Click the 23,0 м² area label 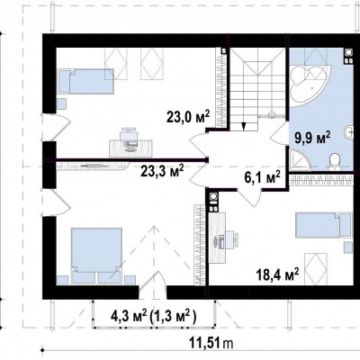click(x=188, y=117)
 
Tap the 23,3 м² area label click(x=162, y=172)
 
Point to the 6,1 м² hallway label click(x=261, y=177)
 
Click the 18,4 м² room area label click(x=277, y=274)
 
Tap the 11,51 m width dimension click(x=211, y=343)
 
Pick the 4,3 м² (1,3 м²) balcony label click(x=154, y=317)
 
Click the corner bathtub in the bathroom click(x=310, y=84)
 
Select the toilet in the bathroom click(x=334, y=161)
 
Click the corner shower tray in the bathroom click(x=299, y=160)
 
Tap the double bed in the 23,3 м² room click(x=96, y=255)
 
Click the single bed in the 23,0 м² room click(x=85, y=81)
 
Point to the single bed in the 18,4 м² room click(x=323, y=225)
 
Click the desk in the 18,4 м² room click(x=217, y=238)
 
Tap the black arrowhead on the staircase click(x=244, y=126)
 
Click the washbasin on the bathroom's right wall click(x=348, y=131)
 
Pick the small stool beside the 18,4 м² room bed click(x=348, y=247)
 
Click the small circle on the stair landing click(x=272, y=114)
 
